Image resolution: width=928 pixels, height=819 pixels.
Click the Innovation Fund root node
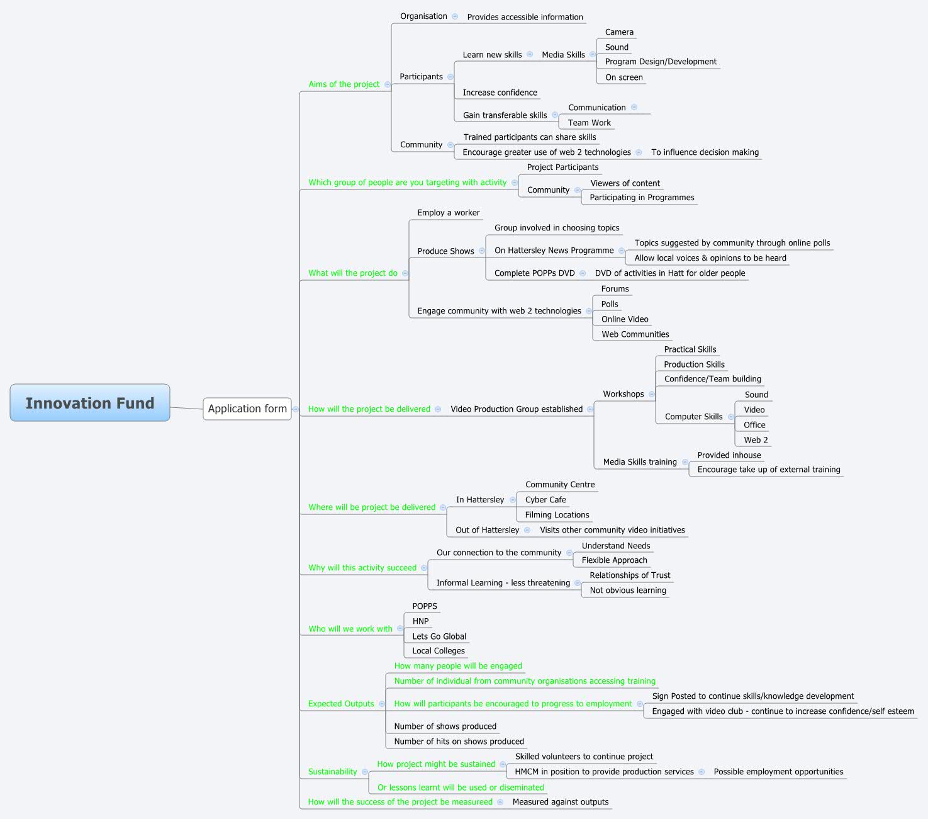click(90, 403)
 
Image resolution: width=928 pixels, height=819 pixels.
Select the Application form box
click(247, 409)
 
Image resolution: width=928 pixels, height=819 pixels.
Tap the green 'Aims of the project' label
click(344, 84)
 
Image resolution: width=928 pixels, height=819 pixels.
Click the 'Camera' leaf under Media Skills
click(619, 32)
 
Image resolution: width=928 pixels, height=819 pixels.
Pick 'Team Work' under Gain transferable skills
click(589, 123)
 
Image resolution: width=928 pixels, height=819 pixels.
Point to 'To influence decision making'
click(705, 152)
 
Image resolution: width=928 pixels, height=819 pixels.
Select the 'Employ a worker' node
click(448, 213)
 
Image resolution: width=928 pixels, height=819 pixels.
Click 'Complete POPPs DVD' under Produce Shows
click(534, 273)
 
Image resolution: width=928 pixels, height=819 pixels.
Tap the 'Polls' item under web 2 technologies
click(610, 304)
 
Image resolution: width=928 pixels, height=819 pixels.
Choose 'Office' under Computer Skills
click(754, 425)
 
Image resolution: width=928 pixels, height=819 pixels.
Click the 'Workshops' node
click(623, 394)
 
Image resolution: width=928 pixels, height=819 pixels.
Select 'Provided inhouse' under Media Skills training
click(729, 455)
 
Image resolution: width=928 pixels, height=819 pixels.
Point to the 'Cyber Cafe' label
click(545, 500)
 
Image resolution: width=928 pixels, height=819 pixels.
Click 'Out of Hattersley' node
click(487, 530)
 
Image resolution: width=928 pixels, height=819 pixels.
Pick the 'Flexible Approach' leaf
click(614, 560)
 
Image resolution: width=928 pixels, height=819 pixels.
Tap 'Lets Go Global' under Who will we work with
click(439, 636)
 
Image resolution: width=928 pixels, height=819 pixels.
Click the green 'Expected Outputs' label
click(341, 704)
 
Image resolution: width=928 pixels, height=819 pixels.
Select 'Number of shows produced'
click(445, 726)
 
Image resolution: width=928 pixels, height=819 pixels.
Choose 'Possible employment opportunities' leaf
click(778, 772)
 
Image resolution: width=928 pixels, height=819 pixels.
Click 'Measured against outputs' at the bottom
click(561, 802)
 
